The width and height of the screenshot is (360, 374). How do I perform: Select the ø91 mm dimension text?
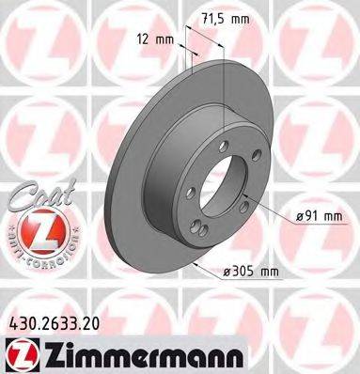(x=317, y=218)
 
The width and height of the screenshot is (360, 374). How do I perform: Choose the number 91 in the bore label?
(x=309, y=218)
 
